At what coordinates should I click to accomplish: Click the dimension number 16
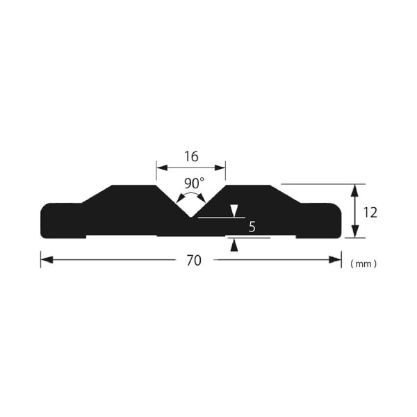(192, 156)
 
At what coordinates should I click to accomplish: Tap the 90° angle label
(195, 183)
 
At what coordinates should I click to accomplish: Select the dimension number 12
(370, 213)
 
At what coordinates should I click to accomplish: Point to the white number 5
(252, 227)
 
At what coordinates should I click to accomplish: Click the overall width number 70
(194, 261)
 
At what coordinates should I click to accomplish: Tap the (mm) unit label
(363, 264)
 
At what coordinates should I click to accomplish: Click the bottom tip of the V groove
(191, 217)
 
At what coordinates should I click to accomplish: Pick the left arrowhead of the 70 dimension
(47, 259)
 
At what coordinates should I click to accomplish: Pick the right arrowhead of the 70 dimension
(335, 259)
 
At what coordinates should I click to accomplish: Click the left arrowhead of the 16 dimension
(162, 167)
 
